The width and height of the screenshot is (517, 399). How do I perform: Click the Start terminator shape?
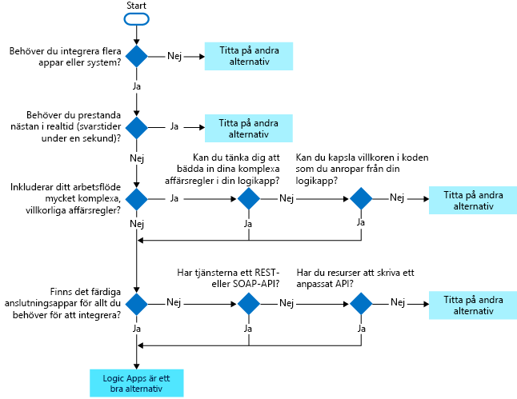pyautogui.click(x=137, y=18)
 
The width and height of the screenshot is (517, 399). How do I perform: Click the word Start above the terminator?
pyautogui.click(x=137, y=6)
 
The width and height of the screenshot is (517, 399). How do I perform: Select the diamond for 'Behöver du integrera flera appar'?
pyautogui.click(x=137, y=56)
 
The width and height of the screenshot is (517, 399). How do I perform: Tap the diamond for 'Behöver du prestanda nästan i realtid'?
pyautogui.click(x=137, y=127)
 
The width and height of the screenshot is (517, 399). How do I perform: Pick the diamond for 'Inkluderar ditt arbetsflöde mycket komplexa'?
pyautogui.click(x=137, y=198)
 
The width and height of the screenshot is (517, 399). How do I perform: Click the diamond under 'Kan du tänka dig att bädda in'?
pyautogui.click(x=249, y=198)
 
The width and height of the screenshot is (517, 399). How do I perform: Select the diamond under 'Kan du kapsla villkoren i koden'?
pyautogui.click(x=361, y=198)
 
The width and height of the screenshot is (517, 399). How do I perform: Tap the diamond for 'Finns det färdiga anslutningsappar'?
pyautogui.click(x=137, y=304)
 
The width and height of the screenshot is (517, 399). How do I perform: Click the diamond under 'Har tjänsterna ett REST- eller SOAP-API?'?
pyautogui.click(x=249, y=304)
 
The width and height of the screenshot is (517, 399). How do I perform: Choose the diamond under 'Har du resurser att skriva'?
pyautogui.click(x=361, y=304)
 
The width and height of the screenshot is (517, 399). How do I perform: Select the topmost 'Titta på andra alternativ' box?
pyautogui.click(x=249, y=56)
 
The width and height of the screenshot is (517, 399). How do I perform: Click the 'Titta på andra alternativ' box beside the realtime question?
pyautogui.click(x=249, y=127)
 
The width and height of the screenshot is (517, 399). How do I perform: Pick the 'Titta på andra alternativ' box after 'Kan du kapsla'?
pyautogui.click(x=472, y=199)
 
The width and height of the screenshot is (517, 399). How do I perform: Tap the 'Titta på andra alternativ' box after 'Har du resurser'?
pyautogui.click(x=472, y=304)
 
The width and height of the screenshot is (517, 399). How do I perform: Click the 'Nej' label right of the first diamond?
pyautogui.click(x=174, y=56)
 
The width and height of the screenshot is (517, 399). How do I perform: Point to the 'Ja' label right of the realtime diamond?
pyautogui.click(x=174, y=127)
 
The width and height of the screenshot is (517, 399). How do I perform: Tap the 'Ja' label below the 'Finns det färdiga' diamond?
pyautogui.click(x=137, y=328)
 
